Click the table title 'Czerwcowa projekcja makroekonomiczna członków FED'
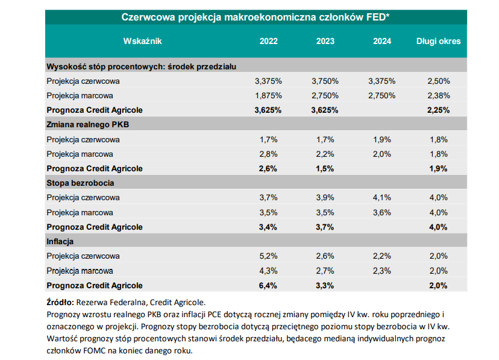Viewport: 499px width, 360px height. click(256, 17)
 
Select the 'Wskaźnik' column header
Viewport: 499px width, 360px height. click(142, 41)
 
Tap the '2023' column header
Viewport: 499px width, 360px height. click(325, 41)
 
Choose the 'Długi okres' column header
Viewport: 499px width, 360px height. click(438, 41)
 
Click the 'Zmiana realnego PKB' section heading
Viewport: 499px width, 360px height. click(88, 124)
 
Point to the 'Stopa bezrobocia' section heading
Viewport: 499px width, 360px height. click(80, 183)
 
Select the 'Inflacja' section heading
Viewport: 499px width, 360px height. click(60, 241)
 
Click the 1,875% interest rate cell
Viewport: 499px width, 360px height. click(269, 95)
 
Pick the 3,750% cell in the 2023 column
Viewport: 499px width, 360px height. click(325, 81)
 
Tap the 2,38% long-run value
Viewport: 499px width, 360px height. click(438, 95)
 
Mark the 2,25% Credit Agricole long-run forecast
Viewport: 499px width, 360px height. click(438, 110)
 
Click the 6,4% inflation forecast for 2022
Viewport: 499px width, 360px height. click(269, 285)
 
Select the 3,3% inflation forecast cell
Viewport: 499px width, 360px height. click(325, 285)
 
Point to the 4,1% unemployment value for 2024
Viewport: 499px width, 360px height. click(382, 197)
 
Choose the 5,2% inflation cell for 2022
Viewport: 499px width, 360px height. click(269, 256)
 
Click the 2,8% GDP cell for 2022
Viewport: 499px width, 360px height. click(269, 154)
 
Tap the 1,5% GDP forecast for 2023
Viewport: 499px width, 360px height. click(325, 168)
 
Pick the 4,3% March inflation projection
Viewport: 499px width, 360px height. click(269, 271)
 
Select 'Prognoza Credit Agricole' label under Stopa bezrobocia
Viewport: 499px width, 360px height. click(95, 227)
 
